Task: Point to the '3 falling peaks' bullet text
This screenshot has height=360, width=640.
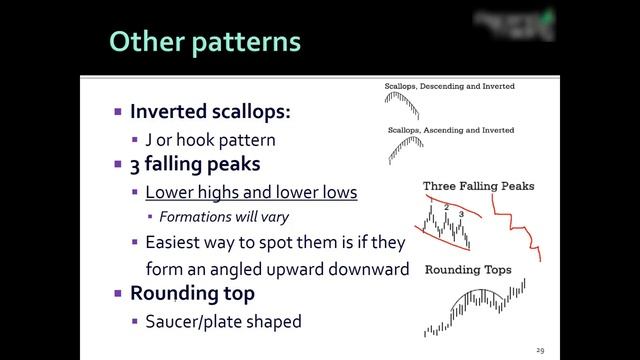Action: [x=192, y=163]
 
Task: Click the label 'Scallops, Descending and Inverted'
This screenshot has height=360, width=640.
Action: [x=450, y=87]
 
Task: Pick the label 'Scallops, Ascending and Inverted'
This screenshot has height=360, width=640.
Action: [x=450, y=130]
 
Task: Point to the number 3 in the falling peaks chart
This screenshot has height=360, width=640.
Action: [x=460, y=214]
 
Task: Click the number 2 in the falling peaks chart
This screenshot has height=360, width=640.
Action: [x=446, y=206]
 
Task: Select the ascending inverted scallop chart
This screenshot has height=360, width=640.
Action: [x=405, y=149]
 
